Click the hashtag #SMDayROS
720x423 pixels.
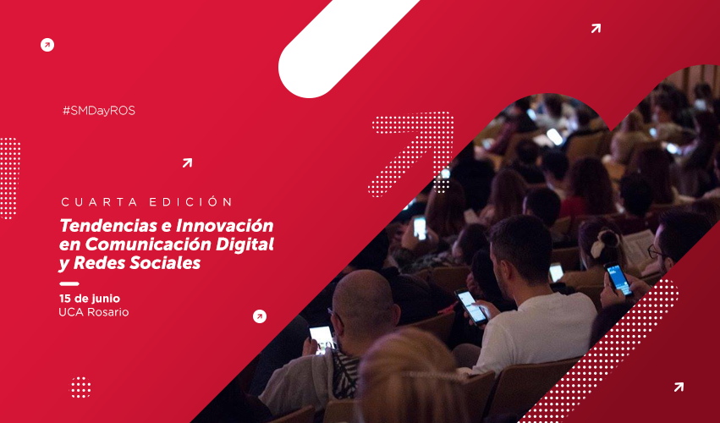click(98, 111)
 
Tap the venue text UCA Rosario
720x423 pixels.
click(94, 313)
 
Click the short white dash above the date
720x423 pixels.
click(69, 283)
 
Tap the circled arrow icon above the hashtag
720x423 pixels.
click(47, 45)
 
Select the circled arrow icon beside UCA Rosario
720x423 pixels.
click(260, 316)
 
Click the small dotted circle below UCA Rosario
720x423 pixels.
click(80, 387)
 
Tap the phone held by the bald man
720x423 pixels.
click(322, 338)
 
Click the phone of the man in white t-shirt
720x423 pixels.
click(471, 306)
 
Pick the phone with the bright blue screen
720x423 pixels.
click(618, 279)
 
